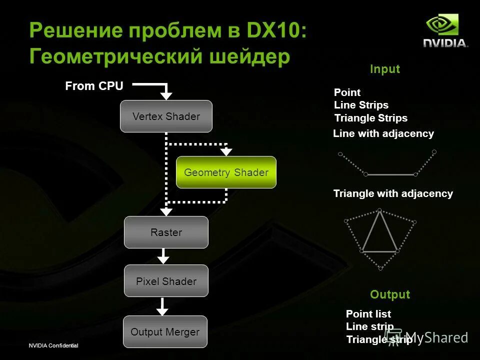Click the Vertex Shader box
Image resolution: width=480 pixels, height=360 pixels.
click(166, 116)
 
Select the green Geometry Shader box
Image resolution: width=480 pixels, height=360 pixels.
click(226, 172)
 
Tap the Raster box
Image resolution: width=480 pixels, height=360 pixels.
click(166, 232)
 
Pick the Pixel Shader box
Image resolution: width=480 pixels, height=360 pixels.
click(166, 281)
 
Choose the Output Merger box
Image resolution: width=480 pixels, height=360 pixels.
click(165, 332)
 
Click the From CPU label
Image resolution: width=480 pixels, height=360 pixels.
click(94, 86)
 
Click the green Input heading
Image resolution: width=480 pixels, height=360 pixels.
click(385, 69)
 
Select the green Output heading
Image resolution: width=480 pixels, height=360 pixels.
click(390, 294)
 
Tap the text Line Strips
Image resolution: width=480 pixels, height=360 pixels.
click(361, 105)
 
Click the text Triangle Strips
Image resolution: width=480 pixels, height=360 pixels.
click(371, 118)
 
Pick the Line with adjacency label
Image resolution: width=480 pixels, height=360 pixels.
click(383, 133)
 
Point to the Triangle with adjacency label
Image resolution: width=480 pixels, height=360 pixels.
click(393, 193)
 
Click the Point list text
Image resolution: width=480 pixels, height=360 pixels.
click(368, 314)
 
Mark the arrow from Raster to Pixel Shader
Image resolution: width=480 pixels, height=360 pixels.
click(163, 257)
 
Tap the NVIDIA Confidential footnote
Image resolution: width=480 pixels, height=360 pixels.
click(53, 346)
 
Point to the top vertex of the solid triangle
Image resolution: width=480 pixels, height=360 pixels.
click(380, 210)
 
